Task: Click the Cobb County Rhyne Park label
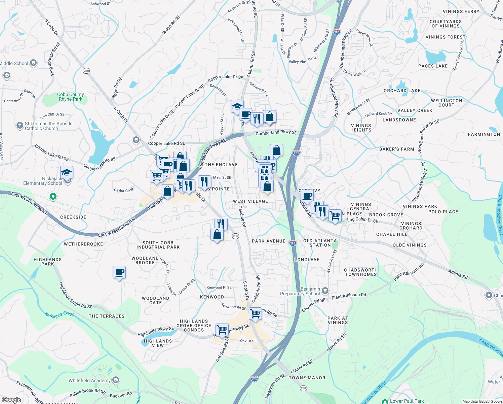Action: pos(70,97)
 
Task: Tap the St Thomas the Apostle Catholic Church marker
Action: pos(20,126)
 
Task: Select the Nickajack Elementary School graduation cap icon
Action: pos(67,173)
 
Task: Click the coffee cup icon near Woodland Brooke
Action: pos(119,272)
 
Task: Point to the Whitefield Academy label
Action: pos(89,380)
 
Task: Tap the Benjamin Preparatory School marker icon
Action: pos(325,291)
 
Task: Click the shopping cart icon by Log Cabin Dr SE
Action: pos(335,215)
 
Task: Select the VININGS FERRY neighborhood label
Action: pos(461,11)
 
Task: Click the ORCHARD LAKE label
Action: pos(402,91)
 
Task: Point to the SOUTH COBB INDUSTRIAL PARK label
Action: pos(158,245)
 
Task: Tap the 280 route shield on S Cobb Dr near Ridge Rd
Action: pos(86,71)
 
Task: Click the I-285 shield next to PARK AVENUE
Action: pos(293,243)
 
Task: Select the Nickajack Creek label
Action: pos(59,314)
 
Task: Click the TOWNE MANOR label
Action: pos(307,378)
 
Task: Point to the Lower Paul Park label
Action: pos(407,401)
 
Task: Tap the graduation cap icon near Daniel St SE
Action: pos(237,106)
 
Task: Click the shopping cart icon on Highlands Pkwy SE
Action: pos(222,330)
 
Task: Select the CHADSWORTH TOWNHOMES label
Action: pos(361,272)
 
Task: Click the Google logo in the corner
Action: pos(11,400)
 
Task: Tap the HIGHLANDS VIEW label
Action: pos(158,343)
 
